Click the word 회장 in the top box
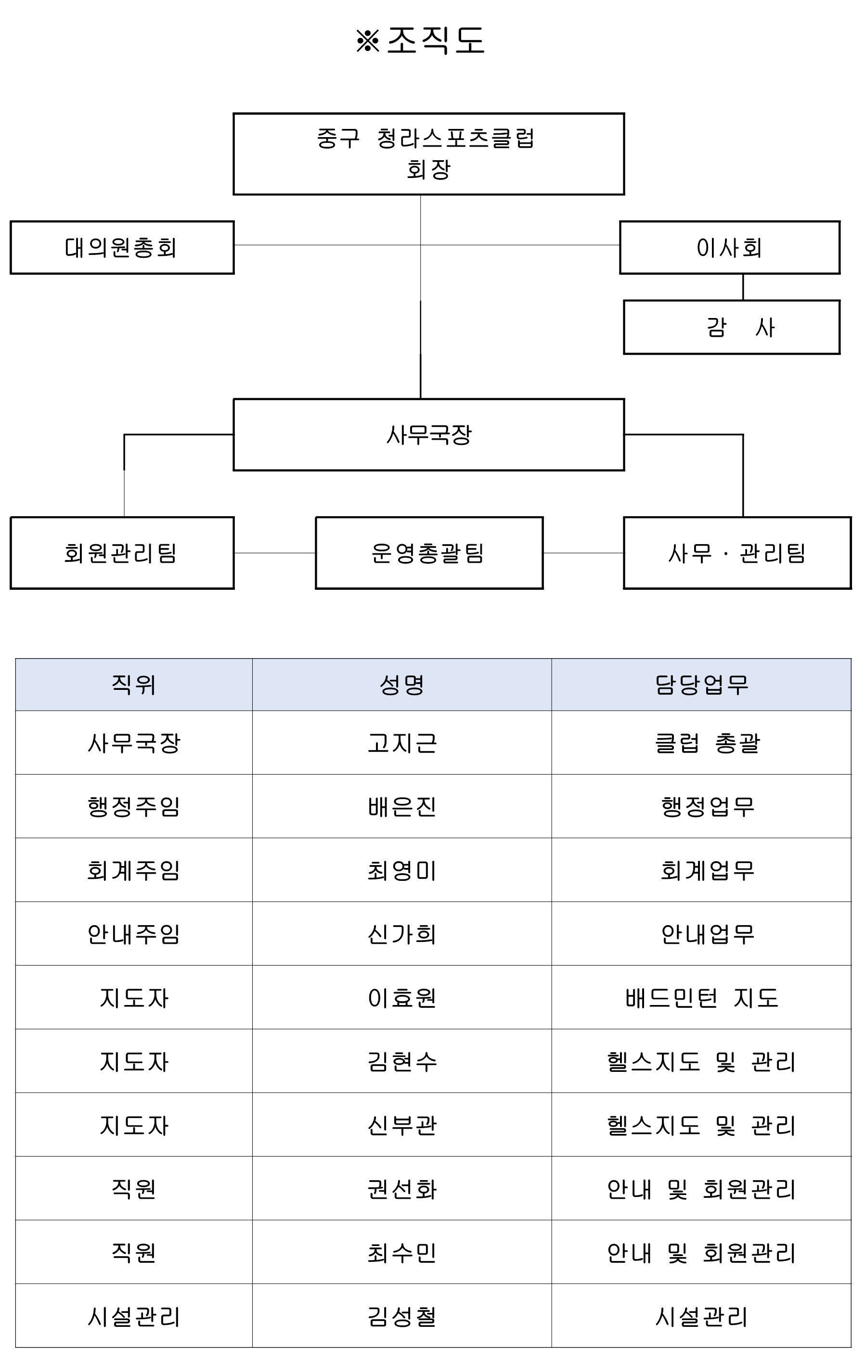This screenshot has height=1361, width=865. [x=428, y=169]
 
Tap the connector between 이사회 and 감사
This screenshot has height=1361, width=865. [x=743, y=287]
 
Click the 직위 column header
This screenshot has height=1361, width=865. [x=133, y=685]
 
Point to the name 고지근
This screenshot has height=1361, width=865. [x=402, y=743]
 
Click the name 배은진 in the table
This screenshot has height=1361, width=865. [x=402, y=806]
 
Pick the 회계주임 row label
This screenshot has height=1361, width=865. [x=133, y=870]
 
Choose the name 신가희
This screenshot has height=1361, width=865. [x=402, y=934]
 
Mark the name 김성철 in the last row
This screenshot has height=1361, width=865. [x=402, y=1316]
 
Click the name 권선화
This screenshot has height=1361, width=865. [x=402, y=1189]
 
